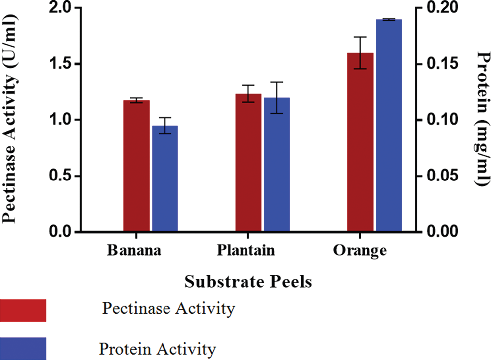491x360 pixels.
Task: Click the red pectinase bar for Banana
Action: tap(137, 167)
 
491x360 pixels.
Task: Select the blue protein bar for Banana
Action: tap(165, 179)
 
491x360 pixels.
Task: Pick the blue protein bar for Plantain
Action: tap(277, 165)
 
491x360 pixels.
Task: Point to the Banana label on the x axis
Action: tap(134, 250)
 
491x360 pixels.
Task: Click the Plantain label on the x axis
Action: tap(246, 250)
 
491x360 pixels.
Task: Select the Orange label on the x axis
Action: tap(360, 250)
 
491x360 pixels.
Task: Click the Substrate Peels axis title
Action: tap(248, 282)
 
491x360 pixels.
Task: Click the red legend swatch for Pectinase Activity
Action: tap(23, 310)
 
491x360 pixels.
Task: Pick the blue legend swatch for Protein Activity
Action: tap(23, 348)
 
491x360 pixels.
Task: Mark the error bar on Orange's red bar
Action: tap(360, 52)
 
